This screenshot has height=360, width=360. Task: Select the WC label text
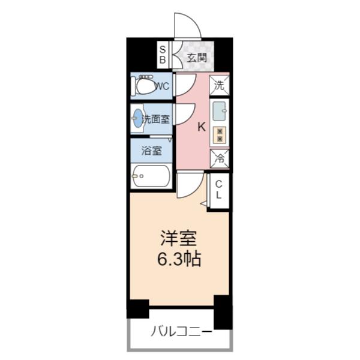[161, 86]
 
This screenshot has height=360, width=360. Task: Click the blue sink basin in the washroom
[138, 119]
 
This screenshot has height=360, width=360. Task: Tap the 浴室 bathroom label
[151, 151]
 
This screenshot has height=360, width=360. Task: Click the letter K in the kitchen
[202, 127]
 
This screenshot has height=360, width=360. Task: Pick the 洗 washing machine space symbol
[219, 85]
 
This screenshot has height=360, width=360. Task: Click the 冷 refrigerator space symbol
[219, 160]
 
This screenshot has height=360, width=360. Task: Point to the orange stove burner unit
[220, 135]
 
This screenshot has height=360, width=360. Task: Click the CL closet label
[219, 190]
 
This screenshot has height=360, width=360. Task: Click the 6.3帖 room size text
[179, 259]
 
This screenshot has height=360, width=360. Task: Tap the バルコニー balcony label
[181, 330]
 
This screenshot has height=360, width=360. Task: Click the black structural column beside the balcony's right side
[223, 312]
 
